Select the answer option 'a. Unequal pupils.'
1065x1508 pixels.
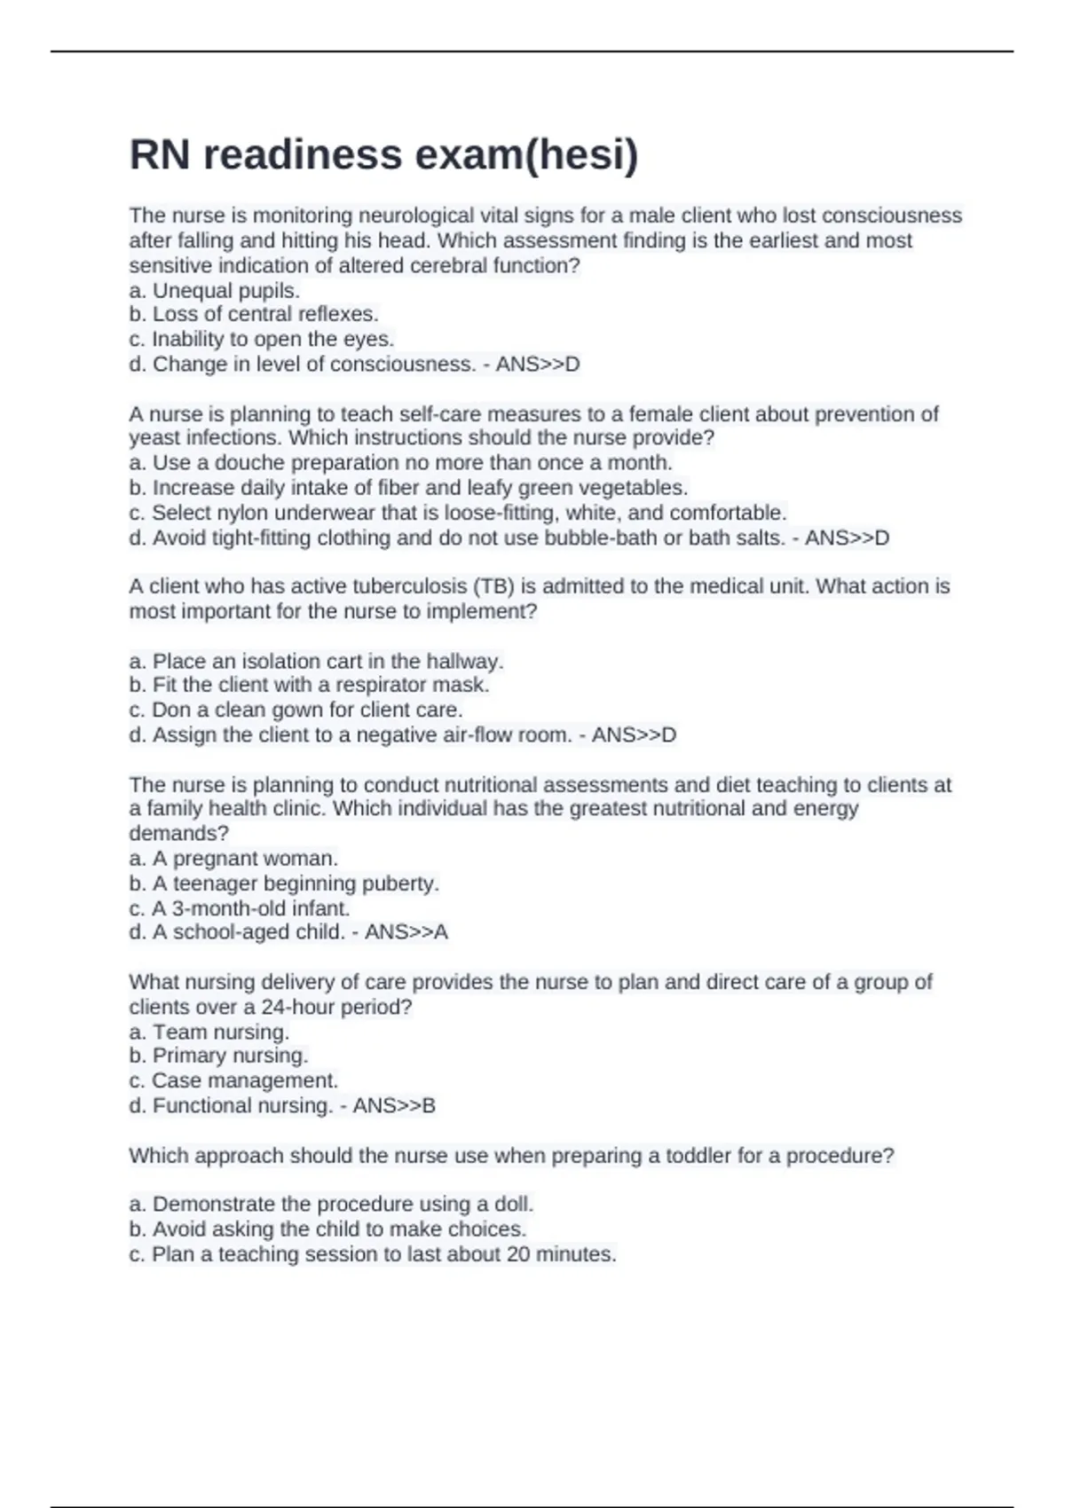(x=214, y=290)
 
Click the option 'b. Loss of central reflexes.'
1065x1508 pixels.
(x=254, y=314)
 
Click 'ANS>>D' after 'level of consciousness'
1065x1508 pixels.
(x=538, y=364)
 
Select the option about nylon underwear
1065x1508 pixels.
(x=457, y=513)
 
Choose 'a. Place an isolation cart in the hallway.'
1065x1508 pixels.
(x=316, y=661)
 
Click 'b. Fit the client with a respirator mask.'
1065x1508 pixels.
(x=309, y=685)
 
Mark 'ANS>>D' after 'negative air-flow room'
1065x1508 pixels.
(x=634, y=734)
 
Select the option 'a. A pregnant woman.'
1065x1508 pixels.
(x=233, y=858)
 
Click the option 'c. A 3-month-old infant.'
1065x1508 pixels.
(x=240, y=908)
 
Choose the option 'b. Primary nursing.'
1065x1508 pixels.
(x=218, y=1055)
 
